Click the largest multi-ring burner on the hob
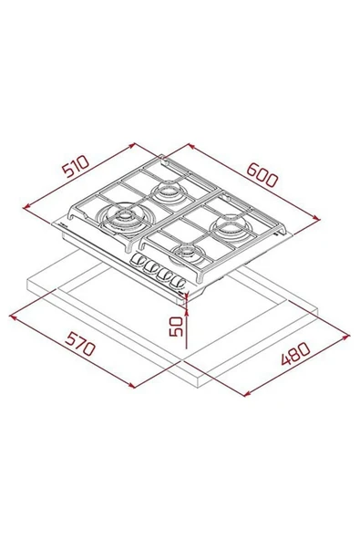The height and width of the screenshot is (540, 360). click(x=121, y=218)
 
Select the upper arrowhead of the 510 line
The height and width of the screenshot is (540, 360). click(x=134, y=143)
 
